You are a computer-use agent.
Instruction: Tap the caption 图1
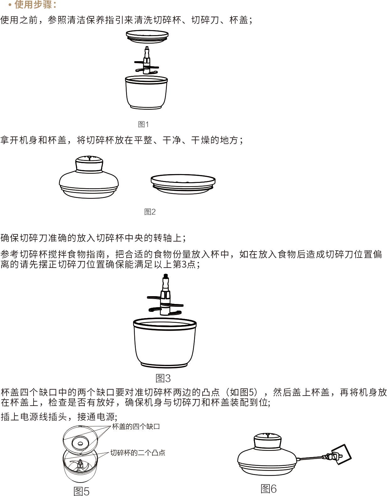[143, 124]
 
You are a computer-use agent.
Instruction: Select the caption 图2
[150, 211]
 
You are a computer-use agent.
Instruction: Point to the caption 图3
[163, 378]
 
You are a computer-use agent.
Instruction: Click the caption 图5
[81, 491]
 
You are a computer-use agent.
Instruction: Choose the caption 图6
[268, 489]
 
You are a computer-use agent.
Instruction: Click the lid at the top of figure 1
[147, 36]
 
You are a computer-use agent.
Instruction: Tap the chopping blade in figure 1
[146, 61]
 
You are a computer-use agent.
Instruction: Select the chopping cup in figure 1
[146, 93]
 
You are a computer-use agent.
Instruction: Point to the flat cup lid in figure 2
[183, 184]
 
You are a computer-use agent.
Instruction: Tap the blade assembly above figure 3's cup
[165, 295]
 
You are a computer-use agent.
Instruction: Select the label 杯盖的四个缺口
[136, 427]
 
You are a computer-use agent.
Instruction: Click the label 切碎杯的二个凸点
[138, 453]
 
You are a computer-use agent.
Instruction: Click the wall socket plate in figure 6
[341, 454]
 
